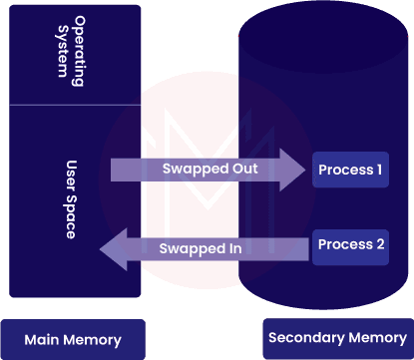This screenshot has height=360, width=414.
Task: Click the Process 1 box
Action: [349, 170]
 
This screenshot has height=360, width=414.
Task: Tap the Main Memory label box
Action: [72, 339]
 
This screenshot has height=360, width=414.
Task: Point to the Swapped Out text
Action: [210, 170]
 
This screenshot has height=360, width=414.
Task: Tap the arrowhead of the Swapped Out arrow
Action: [292, 170]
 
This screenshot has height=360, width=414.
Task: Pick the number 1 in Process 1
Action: [379, 170]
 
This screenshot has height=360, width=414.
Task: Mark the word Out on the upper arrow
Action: [244, 170]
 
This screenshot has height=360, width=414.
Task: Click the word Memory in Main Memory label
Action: [92, 340]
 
